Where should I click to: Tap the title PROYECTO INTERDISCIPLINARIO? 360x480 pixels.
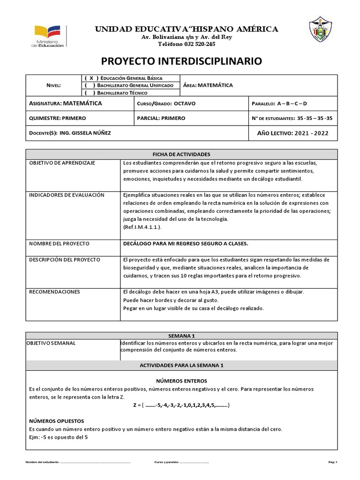(179, 61)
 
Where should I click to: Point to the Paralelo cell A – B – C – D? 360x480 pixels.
(292, 103)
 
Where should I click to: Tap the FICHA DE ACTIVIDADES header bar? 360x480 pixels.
(181, 154)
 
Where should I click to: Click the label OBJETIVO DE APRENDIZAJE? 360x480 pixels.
(62, 163)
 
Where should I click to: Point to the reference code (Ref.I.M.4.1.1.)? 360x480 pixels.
(142, 227)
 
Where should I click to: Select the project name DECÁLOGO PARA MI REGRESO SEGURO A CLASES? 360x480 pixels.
(185, 244)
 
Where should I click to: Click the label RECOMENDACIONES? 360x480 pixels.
(55, 292)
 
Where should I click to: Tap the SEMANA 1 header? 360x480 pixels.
(181, 336)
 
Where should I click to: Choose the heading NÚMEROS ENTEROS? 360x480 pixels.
(181, 381)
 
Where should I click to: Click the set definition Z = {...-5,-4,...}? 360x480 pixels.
(181, 405)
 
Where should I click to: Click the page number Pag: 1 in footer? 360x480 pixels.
(333, 462)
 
